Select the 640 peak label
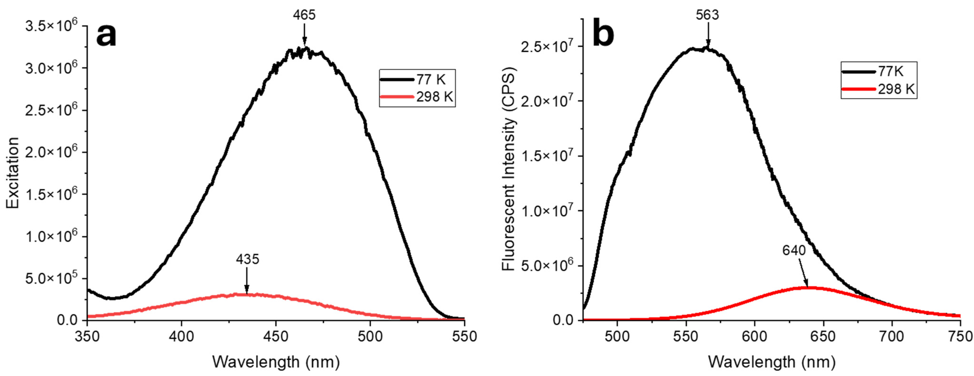(x=794, y=250)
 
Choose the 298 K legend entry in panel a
(x=434, y=97)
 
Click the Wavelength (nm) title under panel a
(x=276, y=362)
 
